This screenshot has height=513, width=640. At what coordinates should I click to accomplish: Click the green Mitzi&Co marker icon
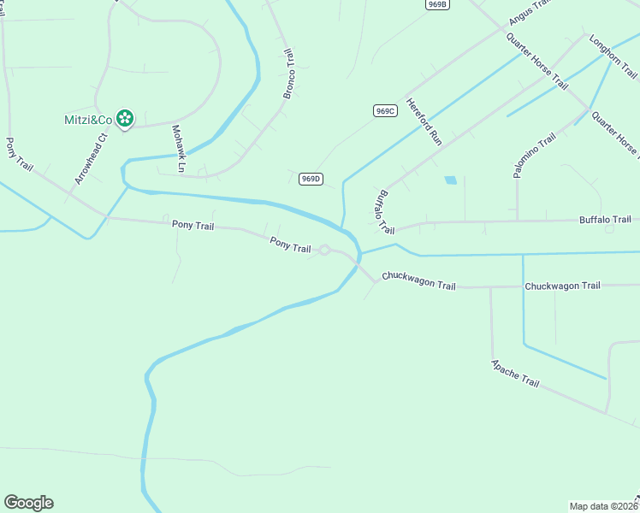[x=125, y=119]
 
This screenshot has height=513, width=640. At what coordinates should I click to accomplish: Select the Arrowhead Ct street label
[x=92, y=158]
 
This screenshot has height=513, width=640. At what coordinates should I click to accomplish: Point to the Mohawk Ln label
[x=178, y=149]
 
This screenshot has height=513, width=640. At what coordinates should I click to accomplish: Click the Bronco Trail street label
[x=289, y=74]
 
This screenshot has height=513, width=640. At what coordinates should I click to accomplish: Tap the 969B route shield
[x=437, y=4]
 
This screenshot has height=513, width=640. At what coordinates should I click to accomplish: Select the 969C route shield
[x=384, y=111]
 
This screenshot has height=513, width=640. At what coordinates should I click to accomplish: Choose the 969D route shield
[x=311, y=179]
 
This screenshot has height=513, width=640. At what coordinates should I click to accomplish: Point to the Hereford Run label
[x=424, y=121]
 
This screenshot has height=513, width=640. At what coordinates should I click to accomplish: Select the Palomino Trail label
[x=536, y=156]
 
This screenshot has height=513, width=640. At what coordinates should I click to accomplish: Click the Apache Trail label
[x=515, y=373]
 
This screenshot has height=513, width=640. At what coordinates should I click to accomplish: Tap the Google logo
[x=28, y=503]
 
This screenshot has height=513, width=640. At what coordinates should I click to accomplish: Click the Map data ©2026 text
[x=604, y=505]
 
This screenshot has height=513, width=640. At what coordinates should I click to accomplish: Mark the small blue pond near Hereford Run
[x=450, y=180]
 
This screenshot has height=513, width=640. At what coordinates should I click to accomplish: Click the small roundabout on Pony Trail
[x=325, y=250]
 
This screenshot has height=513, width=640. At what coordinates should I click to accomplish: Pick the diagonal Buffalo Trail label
[x=383, y=212]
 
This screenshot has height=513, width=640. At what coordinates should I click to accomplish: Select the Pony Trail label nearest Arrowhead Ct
[x=19, y=155]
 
